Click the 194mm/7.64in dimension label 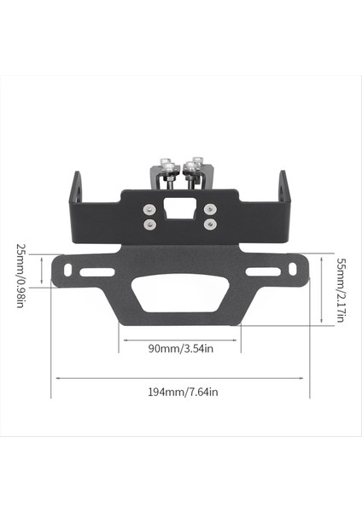pyautogui.click(x=181, y=392)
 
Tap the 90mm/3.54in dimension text pyautogui.click(x=180, y=348)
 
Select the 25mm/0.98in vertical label pyautogui.click(x=20, y=275)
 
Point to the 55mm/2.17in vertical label pyautogui.click(x=341, y=290)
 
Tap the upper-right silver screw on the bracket pyautogui.click(x=210, y=208)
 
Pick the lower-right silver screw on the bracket pyautogui.click(x=210, y=224)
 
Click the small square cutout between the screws pyautogui.click(x=180, y=210)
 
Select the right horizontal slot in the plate pyautogui.click(x=262, y=271)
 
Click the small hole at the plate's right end pyautogui.click(x=293, y=269)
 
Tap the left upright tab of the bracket pyautogui.click(x=77, y=189)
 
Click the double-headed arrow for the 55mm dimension pyautogui.click(x=321, y=290)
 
